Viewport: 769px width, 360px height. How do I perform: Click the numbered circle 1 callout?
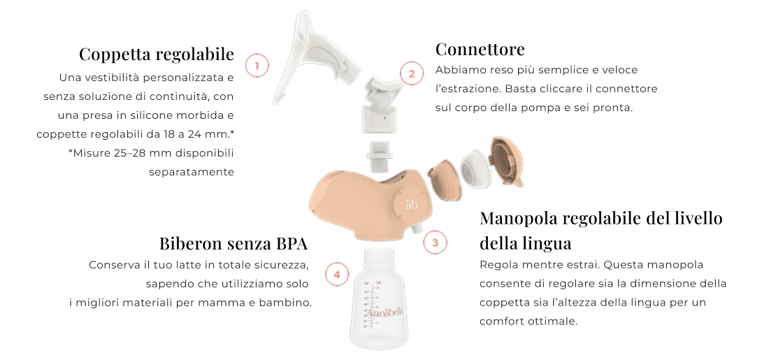[257, 66]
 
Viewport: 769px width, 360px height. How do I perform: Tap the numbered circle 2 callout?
[412, 73]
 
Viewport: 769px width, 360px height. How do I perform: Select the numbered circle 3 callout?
[436, 243]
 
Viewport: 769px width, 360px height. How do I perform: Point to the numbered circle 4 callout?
[337, 274]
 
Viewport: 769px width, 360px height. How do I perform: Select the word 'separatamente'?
[192, 171]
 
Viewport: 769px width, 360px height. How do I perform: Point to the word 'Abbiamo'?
[459, 70]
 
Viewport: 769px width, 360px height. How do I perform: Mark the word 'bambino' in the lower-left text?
[285, 303]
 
